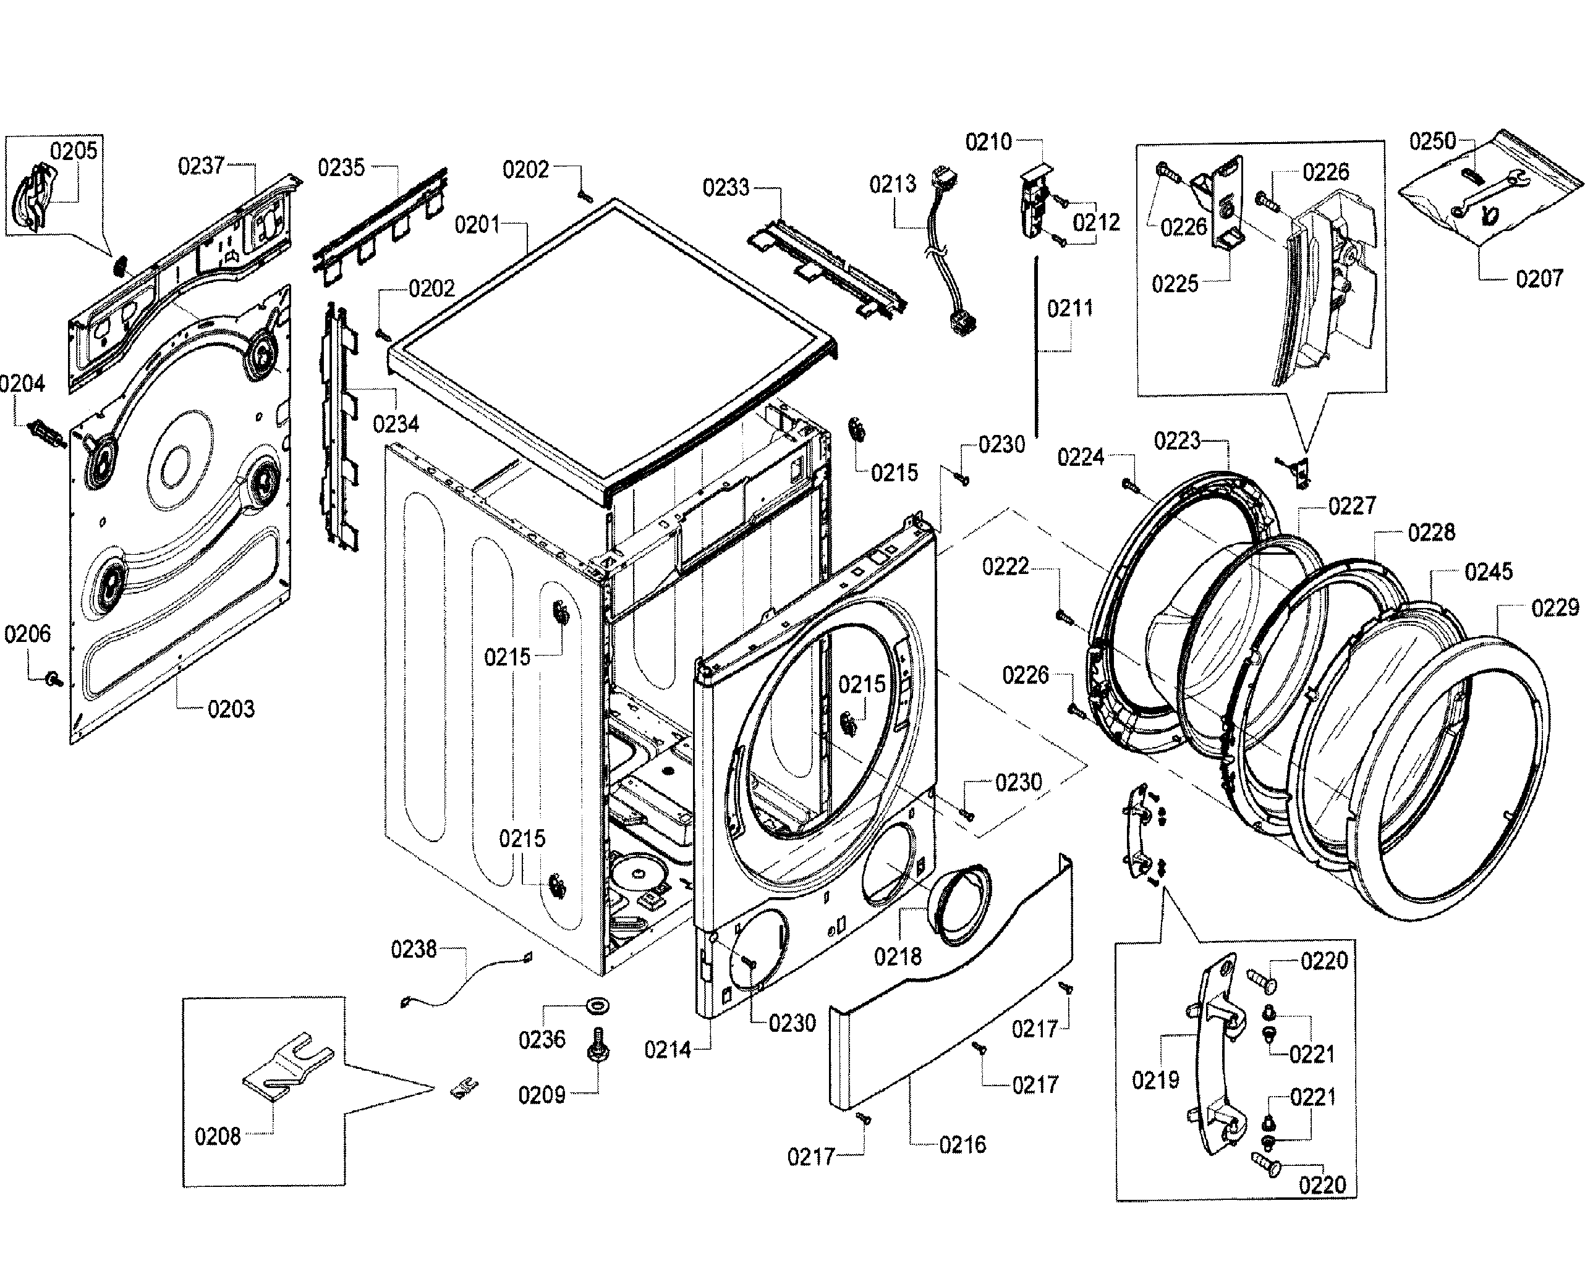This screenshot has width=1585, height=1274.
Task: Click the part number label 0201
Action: pos(477,225)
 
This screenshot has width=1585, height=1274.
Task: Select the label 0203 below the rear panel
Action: pos(231,709)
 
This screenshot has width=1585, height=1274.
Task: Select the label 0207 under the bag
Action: pos(1539,279)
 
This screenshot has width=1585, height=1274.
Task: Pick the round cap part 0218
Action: pos(957,905)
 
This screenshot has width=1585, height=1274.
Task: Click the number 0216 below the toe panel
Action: pos(962,1144)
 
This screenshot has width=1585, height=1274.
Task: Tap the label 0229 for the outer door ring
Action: pos(1555,607)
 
